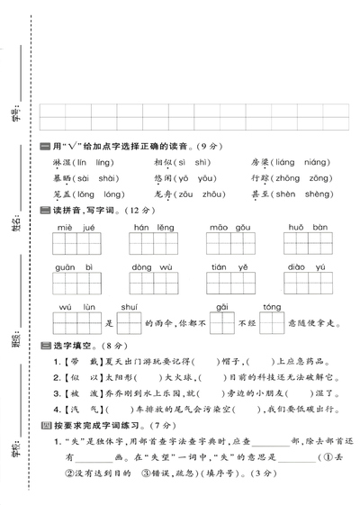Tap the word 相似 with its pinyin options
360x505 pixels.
coord(163,162)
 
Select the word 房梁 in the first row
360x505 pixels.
coord(261,162)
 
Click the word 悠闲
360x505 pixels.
coord(163,178)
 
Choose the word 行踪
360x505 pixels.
coord(261,178)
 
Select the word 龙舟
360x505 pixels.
coord(163,194)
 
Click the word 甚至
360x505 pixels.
coord(261,194)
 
